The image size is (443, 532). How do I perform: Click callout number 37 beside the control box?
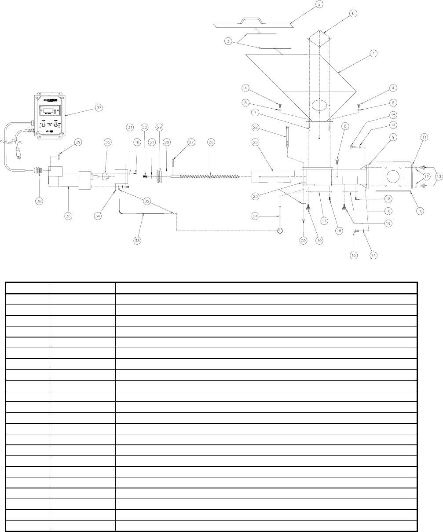[x=99, y=108]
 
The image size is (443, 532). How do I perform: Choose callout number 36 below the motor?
[x=69, y=216]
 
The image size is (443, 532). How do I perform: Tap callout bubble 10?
[x=420, y=212]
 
